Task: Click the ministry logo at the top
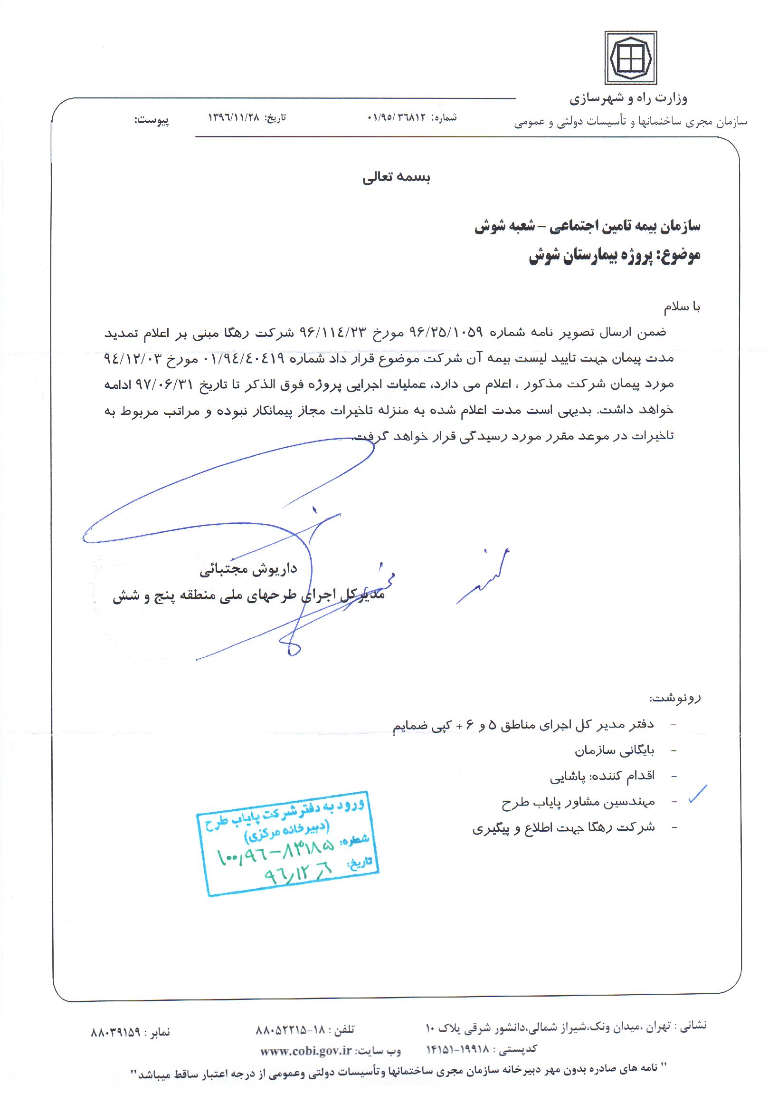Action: pos(630,58)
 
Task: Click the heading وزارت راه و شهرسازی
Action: pos(628,99)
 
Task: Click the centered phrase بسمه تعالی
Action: pos(396,178)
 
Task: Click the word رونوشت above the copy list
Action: pos(675,698)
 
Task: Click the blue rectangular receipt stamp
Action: pos(287,843)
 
